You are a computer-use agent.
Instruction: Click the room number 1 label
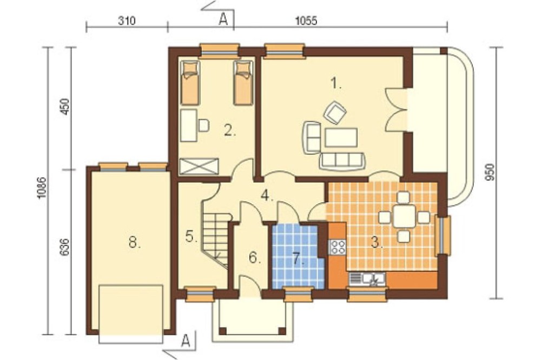(x=335, y=83)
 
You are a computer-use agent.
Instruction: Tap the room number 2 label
(x=230, y=131)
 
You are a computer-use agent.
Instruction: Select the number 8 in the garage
(x=135, y=242)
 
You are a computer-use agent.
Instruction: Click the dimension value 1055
(x=306, y=21)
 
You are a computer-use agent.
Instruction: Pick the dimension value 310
(x=127, y=21)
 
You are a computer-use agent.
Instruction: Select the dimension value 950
(x=490, y=172)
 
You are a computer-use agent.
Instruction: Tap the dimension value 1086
(x=42, y=188)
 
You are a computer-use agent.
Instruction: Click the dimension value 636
(x=65, y=247)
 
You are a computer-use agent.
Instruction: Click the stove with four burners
(x=338, y=247)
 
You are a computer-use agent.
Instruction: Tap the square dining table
(x=404, y=217)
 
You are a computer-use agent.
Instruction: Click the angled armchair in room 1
(x=335, y=112)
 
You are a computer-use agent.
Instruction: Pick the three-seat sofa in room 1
(x=342, y=161)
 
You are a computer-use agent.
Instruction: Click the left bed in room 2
(x=190, y=83)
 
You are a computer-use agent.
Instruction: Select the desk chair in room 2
(x=203, y=125)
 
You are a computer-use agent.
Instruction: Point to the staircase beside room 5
(x=216, y=238)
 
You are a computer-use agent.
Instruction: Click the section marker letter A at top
(x=223, y=21)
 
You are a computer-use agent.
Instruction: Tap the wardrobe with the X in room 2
(x=200, y=166)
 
